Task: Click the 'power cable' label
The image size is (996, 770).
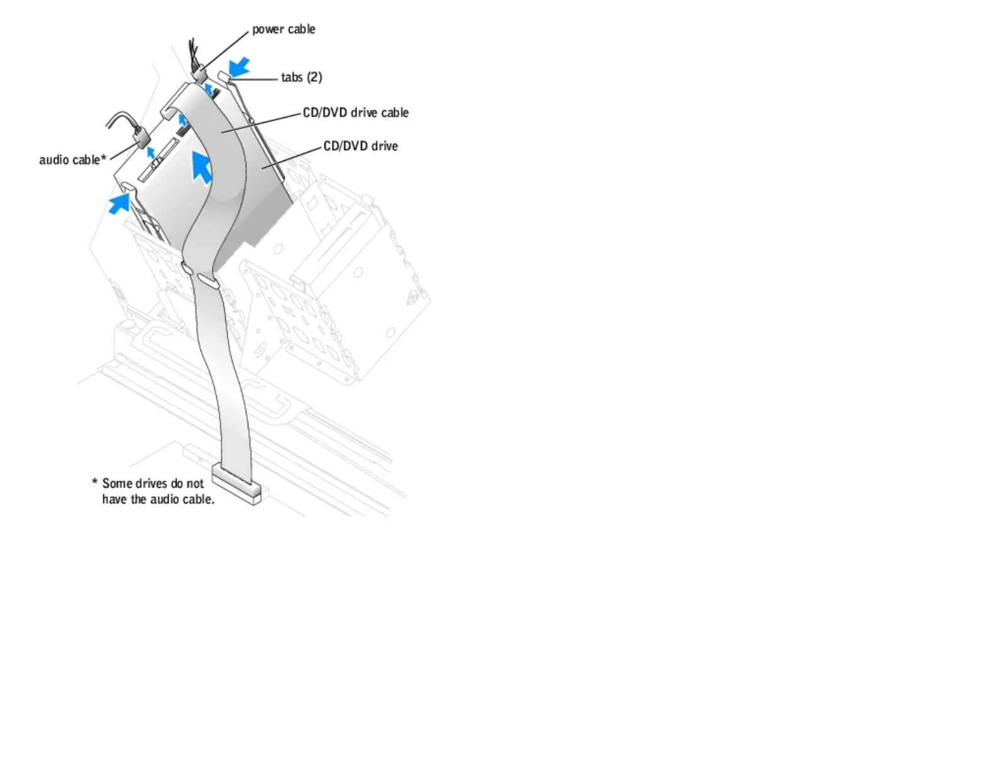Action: tap(284, 29)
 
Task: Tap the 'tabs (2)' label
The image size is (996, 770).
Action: tap(301, 77)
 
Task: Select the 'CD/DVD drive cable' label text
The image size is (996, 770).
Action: tap(355, 113)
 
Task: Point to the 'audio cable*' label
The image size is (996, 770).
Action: tap(72, 160)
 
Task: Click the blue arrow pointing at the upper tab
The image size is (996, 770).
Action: tap(239, 67)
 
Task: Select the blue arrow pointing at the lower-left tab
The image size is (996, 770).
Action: tap(119, 203)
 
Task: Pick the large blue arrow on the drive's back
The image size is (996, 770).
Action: tap(201, 167)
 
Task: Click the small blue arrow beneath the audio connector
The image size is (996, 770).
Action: tap(151, 152)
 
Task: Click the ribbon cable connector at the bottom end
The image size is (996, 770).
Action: tap(236, 484)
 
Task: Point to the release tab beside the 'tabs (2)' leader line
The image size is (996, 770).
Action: tap(224, 77)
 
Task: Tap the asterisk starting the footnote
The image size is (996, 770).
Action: tap(95, 483)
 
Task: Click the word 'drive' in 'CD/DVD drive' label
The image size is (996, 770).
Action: tap(384, 146)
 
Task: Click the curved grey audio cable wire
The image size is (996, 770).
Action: tap(119, 118)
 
